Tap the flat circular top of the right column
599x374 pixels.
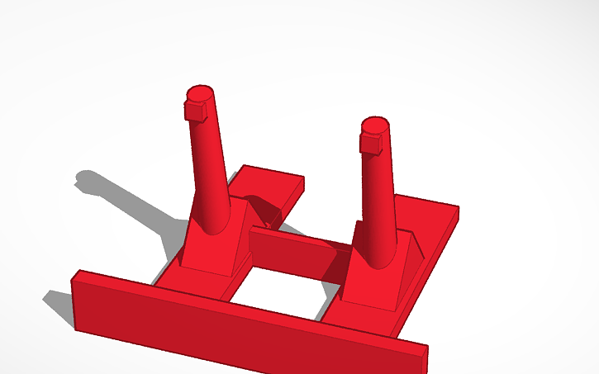pos(375,125)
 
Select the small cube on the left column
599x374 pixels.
pos(195,110)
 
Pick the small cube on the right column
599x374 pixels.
pos(371,143)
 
